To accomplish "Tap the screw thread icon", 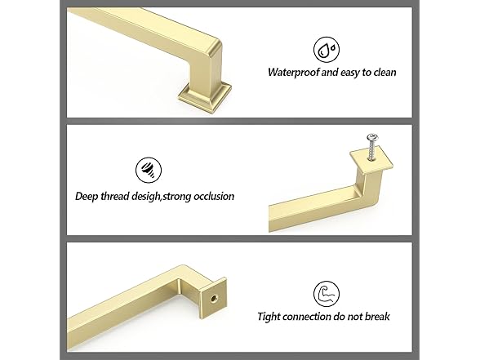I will pos(148,170).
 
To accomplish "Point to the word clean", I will pos(383,72).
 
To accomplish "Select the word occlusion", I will pos(214,196).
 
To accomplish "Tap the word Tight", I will pos(271,317).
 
